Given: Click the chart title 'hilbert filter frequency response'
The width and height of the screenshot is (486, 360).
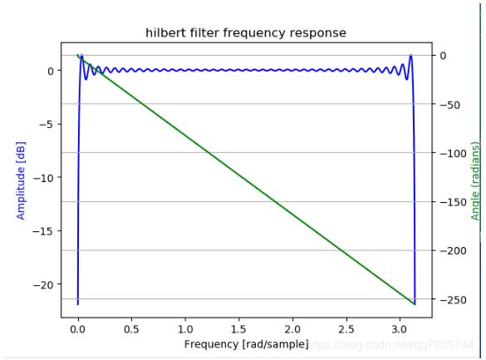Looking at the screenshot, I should [246, 32].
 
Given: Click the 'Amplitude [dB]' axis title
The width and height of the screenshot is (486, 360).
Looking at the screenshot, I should [22, 179].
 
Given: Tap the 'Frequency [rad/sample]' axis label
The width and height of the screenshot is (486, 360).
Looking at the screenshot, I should [246, 343].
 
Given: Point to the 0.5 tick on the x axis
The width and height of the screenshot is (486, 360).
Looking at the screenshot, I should [131, 329].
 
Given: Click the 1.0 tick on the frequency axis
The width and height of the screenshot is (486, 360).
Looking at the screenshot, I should [185, 329].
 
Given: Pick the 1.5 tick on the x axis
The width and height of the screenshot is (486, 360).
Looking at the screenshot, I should [238, 329].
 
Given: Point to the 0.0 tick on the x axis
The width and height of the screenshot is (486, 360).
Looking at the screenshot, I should [78, 329].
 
